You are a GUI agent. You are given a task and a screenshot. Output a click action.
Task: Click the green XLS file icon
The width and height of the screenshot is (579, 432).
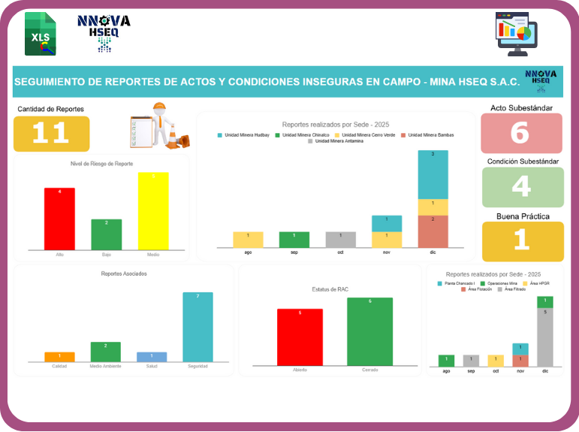pos(41,34)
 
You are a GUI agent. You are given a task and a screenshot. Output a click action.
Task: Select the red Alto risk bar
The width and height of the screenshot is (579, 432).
pos(59,219)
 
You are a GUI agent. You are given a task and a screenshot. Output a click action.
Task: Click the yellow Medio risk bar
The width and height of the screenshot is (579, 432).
pos(153,211)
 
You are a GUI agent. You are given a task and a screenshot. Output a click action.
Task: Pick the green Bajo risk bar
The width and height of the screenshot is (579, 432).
pos(106,234)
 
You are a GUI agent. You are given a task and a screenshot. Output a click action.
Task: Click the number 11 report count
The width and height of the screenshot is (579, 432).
pos(51,134)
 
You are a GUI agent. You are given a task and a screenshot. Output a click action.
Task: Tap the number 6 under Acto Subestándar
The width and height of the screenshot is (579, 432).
pos(521,133)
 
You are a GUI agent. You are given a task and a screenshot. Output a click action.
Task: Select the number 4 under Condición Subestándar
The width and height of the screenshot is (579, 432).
pos(521,186)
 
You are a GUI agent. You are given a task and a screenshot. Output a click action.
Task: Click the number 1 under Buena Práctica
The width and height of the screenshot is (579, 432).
pos(521,240)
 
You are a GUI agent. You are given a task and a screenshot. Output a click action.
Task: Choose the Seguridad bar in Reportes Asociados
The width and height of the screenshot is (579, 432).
pos(198,327)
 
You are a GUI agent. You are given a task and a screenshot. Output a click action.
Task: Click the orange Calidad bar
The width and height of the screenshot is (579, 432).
pos(59,357)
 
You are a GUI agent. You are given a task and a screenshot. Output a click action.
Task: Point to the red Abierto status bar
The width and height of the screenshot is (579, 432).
pos(300,337)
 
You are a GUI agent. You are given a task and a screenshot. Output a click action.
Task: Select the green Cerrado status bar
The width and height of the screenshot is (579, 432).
pos(369,331)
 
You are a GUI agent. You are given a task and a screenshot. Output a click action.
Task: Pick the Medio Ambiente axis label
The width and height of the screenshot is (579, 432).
pos(106,366)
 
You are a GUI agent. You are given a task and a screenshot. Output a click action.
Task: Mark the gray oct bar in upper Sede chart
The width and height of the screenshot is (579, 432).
pos(340,240)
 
